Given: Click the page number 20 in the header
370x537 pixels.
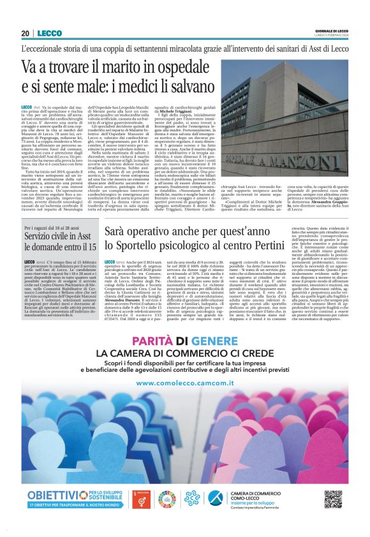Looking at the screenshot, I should point(26,33).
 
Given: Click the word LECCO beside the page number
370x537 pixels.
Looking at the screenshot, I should point(49,33).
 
